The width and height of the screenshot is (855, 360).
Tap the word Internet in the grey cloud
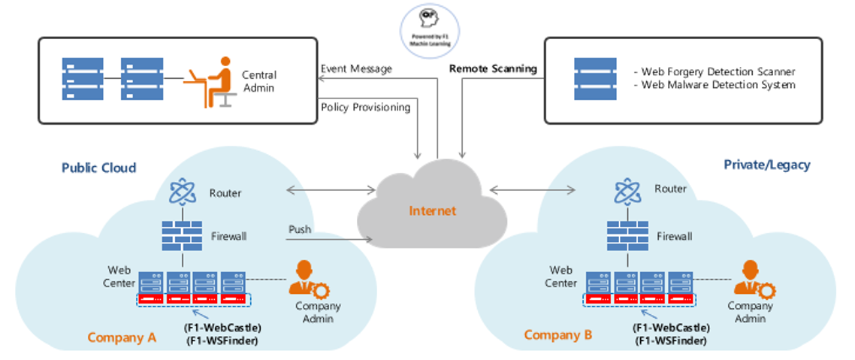(x=432, y=210)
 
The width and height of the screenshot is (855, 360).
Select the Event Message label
(x=356, y=69)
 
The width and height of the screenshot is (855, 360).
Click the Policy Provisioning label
(x=365, y=107)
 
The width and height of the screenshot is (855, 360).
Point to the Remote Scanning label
(x=493, y=69)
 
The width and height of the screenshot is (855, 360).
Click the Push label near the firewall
(x=299, y=228)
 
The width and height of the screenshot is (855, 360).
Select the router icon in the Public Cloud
(x=183, y=192)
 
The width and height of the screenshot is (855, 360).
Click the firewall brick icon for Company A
(x=183, y=235)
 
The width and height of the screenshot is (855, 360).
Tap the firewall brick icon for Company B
(x=628, y=235)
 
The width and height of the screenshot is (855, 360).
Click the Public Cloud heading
(x=98, y=168)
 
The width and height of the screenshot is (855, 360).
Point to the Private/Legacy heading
(x=766, y=165)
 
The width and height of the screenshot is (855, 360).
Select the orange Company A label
(x=122, y=337)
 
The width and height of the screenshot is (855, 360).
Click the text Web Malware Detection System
(x=718, y=85)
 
